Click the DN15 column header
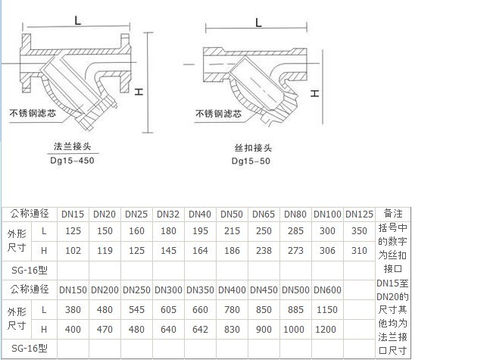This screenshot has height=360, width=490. (73, 214)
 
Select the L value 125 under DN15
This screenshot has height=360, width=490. (73, 231)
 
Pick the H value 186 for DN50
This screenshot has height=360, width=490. (232, 251)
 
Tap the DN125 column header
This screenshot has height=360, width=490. (359, 214)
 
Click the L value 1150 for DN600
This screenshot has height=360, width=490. (327, 310)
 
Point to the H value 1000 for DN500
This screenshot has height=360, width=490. (294, 330)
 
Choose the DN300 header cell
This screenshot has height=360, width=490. (168, 290)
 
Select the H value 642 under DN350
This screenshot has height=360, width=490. (200, 330)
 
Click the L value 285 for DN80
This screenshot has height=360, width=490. (295, 231)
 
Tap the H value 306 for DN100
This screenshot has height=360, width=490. (327, 251)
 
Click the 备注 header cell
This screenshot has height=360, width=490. (393, 214)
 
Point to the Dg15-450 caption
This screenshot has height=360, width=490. (72, 161)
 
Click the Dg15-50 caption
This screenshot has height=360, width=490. (251, 161)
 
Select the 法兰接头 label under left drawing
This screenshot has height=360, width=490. (72, 146)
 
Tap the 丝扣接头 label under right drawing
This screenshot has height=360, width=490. (253, 148)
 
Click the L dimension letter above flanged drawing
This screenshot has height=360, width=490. (78, 20)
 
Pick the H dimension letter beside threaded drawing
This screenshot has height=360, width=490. (315, 93)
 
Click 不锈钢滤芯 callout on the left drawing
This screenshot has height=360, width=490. (33, 113)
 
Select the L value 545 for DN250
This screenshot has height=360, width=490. (136, 310)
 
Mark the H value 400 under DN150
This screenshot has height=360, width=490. (73, 330)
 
